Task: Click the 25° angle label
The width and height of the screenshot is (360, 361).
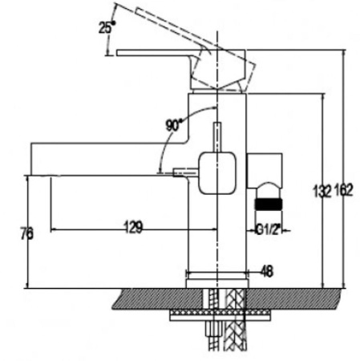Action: [x=107, y=27]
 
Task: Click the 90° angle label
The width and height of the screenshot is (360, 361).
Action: [x=174, y=125]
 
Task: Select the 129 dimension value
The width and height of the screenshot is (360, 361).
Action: [x=134, y=227]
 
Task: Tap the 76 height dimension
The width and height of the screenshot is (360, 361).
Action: [x=27, y=233]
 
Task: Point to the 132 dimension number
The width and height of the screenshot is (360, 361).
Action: [x=322, y=191]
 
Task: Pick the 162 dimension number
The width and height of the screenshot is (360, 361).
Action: [x=343, y=190]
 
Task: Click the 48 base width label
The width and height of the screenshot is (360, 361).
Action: [x=266, y=271]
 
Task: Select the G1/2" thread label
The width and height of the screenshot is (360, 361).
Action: [x=269, y=229]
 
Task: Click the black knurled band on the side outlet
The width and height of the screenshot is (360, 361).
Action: [x=269, y=204]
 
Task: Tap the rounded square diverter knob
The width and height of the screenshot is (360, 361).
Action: [x=217, y=172]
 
